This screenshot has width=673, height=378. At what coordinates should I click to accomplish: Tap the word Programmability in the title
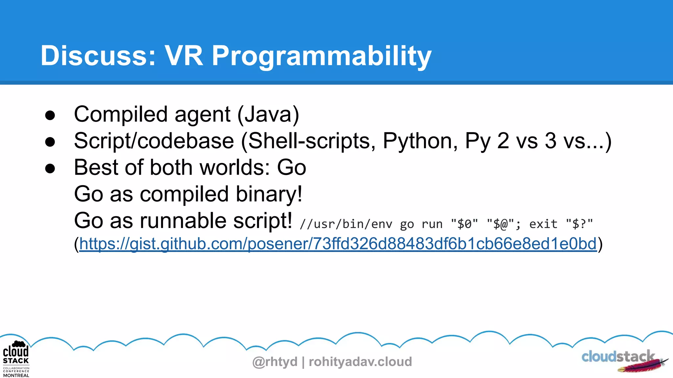(x=321, y=56)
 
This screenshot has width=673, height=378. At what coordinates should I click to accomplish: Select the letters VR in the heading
(x=184, y=56)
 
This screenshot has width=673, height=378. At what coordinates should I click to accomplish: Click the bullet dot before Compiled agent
(x=50, y=115)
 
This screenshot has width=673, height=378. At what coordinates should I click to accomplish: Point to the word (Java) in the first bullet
(x=268, y=115)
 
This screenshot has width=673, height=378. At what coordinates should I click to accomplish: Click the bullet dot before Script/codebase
(x=50, y=142)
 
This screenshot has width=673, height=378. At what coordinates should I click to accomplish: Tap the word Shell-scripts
(x=309, y=141)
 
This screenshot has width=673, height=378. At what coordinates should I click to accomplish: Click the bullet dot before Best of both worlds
(x=50, y=168)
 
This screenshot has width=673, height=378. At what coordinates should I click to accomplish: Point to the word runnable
(x=184, y=221)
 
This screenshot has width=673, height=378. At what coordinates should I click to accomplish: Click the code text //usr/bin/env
(x=346, y=224)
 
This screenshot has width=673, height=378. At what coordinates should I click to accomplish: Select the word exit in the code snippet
(x=543, y=224)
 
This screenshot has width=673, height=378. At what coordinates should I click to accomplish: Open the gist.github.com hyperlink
(x=338, y=244)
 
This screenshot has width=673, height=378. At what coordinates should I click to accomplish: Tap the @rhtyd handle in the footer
(x=275, y=362)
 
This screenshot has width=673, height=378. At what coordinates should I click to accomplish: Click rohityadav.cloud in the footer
(x=360, y=362)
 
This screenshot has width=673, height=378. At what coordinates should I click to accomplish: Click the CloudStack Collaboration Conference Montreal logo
(x=16, y=359)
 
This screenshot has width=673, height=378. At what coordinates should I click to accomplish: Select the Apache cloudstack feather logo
(x=624, y=360)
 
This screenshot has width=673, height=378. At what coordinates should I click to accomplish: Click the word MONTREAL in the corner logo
(x=16, y=375)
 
